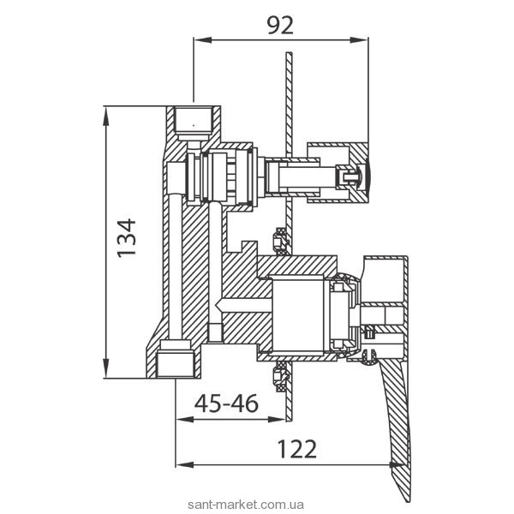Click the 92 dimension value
coord(280,26)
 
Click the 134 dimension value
coord(127,238)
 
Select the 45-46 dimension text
coord(226,403)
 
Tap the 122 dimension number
coord(297,449)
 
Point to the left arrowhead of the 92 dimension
coord(202,40)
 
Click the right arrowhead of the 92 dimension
coord(360,40)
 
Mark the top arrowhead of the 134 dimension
coord(106,116)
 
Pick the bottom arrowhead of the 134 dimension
coord(106,368)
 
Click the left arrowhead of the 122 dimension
coord(184,465)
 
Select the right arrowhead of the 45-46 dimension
coord(278,419)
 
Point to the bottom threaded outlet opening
coord(176,365)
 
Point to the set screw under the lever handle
coord(369,356)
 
